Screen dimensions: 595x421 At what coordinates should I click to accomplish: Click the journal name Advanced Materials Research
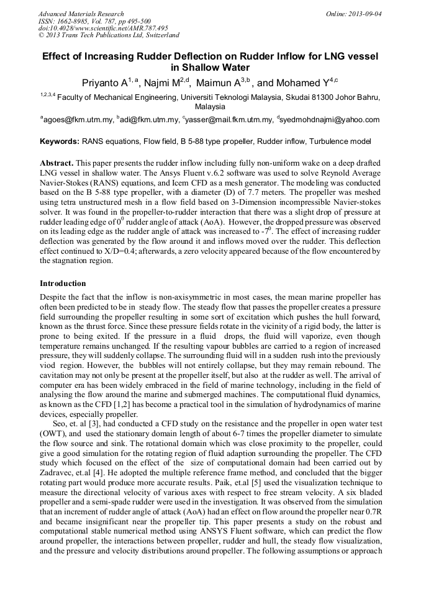coord(81,14)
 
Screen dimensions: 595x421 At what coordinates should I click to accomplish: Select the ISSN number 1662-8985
coord(73,21)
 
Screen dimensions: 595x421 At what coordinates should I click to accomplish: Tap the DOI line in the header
coord(103,29)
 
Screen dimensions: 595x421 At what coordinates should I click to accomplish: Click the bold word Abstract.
coord(57,162)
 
